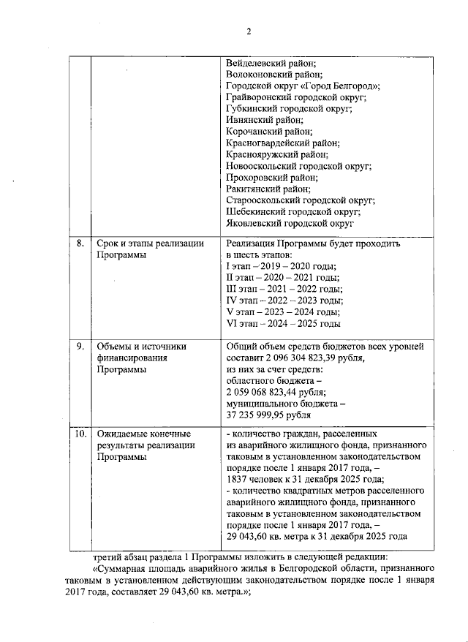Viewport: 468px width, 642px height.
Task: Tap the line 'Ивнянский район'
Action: click(264, 120)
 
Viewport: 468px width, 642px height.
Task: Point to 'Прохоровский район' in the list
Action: click(272, 177)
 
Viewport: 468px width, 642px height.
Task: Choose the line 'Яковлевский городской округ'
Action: click(290, 223)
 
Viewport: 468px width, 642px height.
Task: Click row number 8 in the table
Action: click(81, 243)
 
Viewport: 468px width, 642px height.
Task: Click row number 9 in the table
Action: click(81, 347)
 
